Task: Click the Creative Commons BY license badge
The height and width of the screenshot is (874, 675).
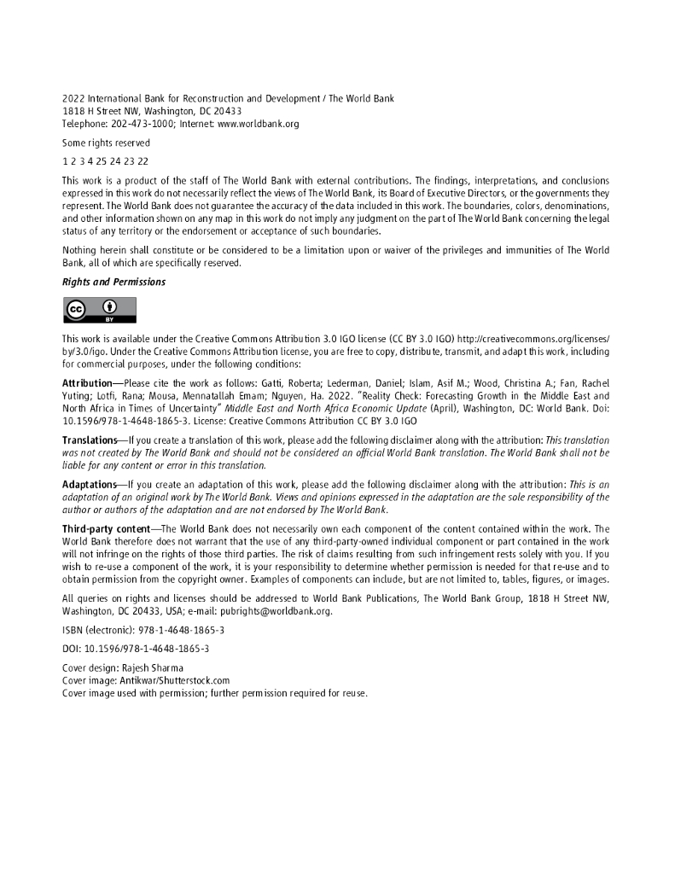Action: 99,310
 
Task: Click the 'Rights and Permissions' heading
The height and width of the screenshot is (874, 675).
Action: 113,282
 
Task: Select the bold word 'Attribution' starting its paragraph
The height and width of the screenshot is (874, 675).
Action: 87,383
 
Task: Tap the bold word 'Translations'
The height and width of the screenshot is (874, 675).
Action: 90,440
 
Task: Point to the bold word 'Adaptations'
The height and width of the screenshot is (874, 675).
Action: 89,485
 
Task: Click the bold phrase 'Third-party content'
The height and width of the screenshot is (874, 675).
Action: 106,529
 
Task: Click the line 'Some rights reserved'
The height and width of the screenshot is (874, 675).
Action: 106,143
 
